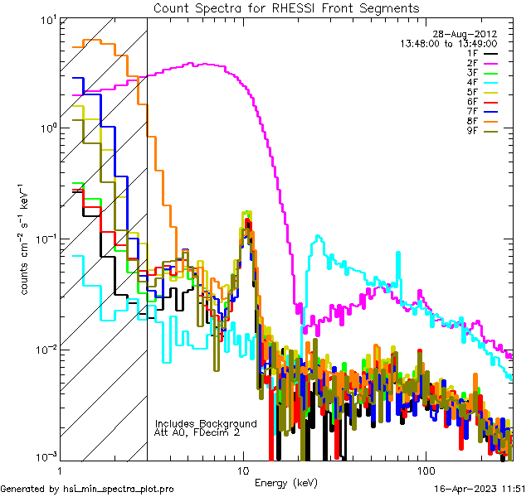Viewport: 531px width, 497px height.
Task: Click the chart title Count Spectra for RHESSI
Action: pyautogui.click(x=285, y=7)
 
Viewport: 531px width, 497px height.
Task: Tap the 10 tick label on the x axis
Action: pyautogui.click(x=243, y=469)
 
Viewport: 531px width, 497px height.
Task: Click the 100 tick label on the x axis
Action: pyautogui.click(x=425, y=469)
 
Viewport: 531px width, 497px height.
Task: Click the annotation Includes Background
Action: pyautogui.click(x=206, y=423)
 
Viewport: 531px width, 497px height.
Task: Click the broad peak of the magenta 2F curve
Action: pyautogui.click(x=207, y=64)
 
